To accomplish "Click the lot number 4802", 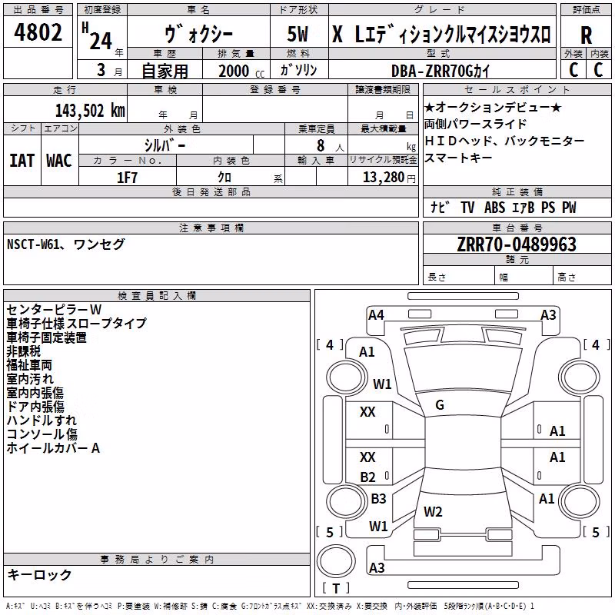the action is point(38,32).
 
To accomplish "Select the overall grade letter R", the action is point(586,35).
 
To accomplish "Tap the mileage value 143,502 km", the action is point(90,111).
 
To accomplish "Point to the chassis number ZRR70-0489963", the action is point(517,244).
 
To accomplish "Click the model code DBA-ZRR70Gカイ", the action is point(440,71).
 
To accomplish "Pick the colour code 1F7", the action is point(127,178).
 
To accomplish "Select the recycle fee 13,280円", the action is point(389,178).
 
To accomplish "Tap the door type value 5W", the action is point(298,34).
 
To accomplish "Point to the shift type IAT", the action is point(22,161).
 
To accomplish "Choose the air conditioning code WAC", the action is point(59,161).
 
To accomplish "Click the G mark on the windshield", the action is point(440,405).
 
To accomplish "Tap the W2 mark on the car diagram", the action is point(433,511).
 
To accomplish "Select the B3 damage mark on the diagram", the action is point(378,498).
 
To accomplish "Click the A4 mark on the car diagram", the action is point(376,315).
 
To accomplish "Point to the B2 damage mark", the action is point(368,477).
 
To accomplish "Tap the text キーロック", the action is point(39,574).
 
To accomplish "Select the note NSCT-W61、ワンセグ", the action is point(66,244).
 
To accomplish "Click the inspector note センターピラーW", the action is point(54,310).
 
